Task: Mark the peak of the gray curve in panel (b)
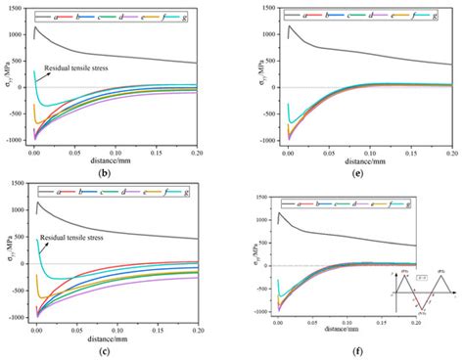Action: tap(36, 26)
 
